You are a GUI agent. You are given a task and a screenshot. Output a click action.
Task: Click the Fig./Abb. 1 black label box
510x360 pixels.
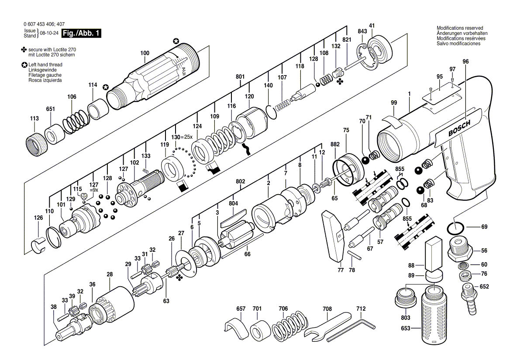[x=81, y=33]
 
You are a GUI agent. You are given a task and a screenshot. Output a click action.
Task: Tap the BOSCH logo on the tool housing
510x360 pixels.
[x=459, y=129]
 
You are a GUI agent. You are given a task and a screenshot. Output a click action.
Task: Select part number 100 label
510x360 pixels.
[x=145, y=53]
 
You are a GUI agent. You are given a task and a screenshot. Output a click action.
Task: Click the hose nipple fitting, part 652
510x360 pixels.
[x=468, y=292]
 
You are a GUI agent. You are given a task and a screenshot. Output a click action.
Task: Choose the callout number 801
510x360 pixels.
[x=240, y=77]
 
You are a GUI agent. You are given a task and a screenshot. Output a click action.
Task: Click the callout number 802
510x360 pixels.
[x=240, y=182]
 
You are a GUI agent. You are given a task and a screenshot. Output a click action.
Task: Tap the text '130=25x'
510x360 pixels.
[x=182, y=137]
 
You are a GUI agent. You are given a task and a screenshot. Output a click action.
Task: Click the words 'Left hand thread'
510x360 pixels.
[x=45, y=65]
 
